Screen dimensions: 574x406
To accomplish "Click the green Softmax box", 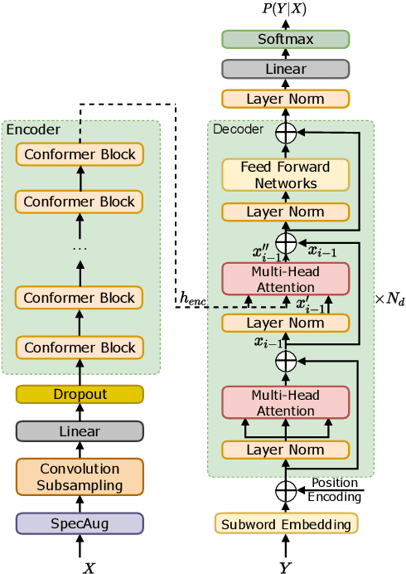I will (285, 39).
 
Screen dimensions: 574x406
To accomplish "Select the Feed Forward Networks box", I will (285, 174).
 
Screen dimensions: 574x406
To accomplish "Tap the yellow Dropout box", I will (80, 394).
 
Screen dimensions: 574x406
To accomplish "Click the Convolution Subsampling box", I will (80, 477).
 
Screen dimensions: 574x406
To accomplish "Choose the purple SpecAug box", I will (80, 523).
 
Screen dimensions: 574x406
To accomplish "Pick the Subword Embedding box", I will (285, 523).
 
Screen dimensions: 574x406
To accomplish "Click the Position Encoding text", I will (336, 490).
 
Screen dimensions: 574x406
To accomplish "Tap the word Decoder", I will (238, 129).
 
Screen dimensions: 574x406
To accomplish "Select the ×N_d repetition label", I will (390, 299).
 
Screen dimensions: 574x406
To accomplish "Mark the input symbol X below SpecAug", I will (89, 567).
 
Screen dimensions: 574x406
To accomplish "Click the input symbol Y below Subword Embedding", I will (285, 567).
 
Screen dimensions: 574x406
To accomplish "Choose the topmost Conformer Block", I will (80, 154).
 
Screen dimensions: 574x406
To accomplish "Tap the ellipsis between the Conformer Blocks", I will (80, 248).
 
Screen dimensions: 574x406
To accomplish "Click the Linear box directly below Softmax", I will (285, 70).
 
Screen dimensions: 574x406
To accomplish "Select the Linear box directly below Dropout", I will (80, 431).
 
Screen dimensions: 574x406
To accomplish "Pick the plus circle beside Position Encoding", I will (285, 491).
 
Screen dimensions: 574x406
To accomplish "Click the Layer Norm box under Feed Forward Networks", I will (285, 212).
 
